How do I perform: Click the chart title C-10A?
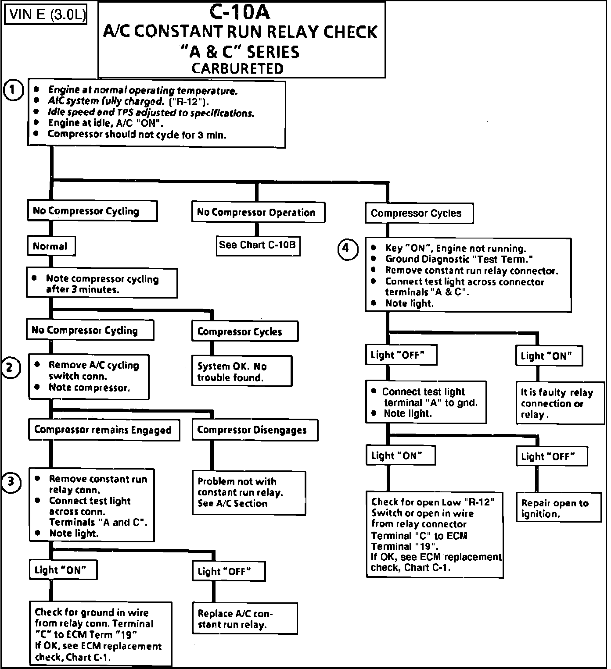click(x=240, y=12)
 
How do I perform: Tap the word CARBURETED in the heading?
click(x=237, y=68)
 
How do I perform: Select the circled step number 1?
click(x=13, y=90)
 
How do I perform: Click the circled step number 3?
click(x=11, y=482)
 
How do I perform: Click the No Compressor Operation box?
click(x=258, y=213)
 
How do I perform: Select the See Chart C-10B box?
click(x=258, y=245)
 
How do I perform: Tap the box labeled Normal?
click(x=50, y=246)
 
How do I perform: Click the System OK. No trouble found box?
click(x=241, y=372)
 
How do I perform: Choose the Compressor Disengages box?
click(x=255, y=430)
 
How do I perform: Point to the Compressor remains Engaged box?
click(x=104, y=430)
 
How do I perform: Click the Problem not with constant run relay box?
click(x=248, y=493)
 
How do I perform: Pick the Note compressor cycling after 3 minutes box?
click(x=101, y=284)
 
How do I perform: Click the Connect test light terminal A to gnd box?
click(x=426, y=402)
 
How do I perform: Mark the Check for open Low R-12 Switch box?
click(x=435, y=534)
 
